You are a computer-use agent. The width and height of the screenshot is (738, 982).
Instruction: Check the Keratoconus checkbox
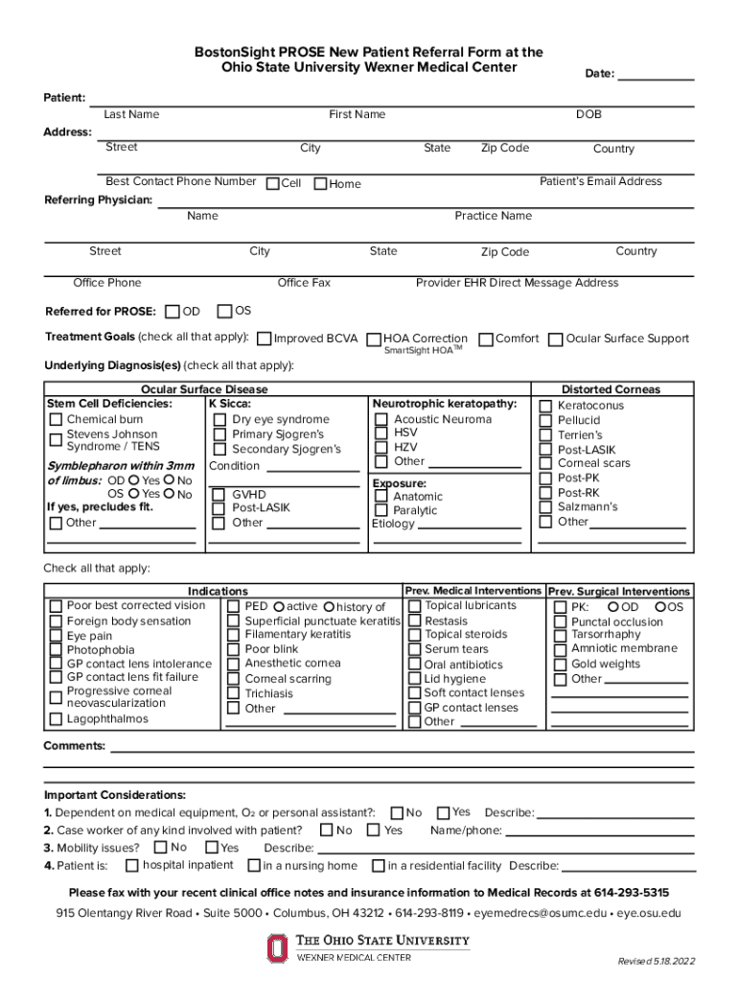[x=545, y=406]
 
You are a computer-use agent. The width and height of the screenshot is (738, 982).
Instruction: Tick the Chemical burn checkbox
[x=56, y=420]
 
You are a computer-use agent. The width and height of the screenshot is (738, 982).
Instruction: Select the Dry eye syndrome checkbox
[x=219, y=420]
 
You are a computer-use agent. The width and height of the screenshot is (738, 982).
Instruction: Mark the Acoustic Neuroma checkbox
[x=381, y=420]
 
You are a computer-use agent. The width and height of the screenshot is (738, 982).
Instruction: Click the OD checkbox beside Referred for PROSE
[x=172, y=312]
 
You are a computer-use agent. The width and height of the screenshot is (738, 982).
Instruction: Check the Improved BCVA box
[x=264, y=339]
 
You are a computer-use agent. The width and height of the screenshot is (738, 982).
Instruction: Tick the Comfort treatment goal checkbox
[x=486, y=339]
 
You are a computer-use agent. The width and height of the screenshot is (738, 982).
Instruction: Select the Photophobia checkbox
[x=56, y=650]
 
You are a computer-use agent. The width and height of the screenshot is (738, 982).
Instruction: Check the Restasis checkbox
[x=413, y=621]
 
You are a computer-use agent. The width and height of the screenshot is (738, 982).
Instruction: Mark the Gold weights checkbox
[x=560, y=665]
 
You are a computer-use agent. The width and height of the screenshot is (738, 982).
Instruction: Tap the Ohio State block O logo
[x=276, y=947]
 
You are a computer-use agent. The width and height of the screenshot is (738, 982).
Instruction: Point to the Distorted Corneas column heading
[x=611, y=389]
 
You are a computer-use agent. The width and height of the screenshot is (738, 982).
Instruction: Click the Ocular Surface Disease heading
[x=204, y=389]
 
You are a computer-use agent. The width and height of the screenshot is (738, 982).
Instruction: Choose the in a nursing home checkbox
[x=253, y=867]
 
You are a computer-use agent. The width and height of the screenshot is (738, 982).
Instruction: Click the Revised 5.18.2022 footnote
[x=656, y=961]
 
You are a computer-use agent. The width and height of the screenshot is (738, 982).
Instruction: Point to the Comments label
[x=75, y=746]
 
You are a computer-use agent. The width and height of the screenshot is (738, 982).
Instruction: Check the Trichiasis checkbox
[x=233, y=693]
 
